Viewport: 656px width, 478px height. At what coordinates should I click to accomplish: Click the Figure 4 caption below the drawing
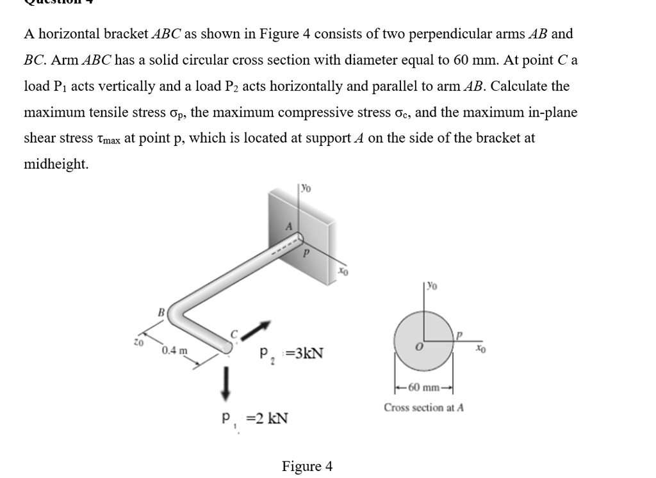pos(307,466)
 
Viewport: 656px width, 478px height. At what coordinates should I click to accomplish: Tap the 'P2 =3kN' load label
pos(291,353)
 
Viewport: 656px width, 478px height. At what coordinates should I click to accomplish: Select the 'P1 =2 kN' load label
pos(254,419)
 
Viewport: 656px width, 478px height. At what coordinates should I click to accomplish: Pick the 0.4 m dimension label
pos(175,350)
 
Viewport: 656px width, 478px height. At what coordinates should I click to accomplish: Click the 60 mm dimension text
pos(423,386)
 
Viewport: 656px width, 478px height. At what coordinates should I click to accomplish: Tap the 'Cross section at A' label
pos(423,407)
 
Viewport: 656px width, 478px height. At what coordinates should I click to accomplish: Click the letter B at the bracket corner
pos(161,312)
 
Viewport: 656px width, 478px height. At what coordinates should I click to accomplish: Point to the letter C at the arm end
pos(234,333)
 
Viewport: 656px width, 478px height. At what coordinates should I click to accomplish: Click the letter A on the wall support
pos(289,226)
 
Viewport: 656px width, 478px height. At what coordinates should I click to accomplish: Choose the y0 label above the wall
pos(306,189)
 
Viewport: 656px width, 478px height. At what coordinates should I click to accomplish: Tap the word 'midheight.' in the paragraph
pos(56,164)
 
